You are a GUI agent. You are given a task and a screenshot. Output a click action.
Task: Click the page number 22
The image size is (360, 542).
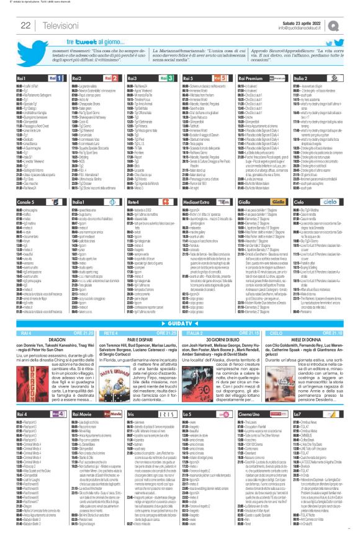pyautogui.click(x=27, y=25)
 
